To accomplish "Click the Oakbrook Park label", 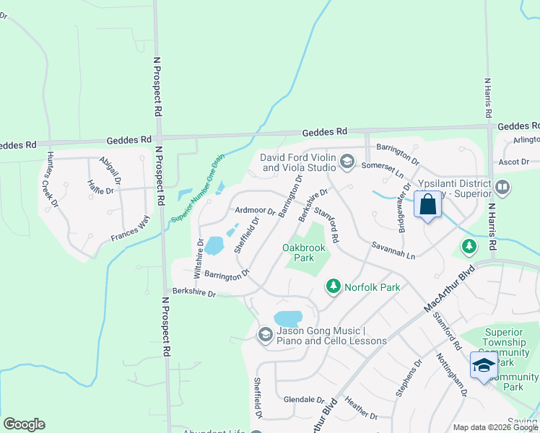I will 304,253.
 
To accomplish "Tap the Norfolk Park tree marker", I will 334,287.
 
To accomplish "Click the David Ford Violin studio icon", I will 347,161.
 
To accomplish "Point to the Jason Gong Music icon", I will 265,334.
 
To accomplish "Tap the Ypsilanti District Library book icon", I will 503,188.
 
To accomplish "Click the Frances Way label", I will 129,228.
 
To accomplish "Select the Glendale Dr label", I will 304,399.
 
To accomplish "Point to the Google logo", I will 24,424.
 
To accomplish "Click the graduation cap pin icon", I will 484,365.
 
